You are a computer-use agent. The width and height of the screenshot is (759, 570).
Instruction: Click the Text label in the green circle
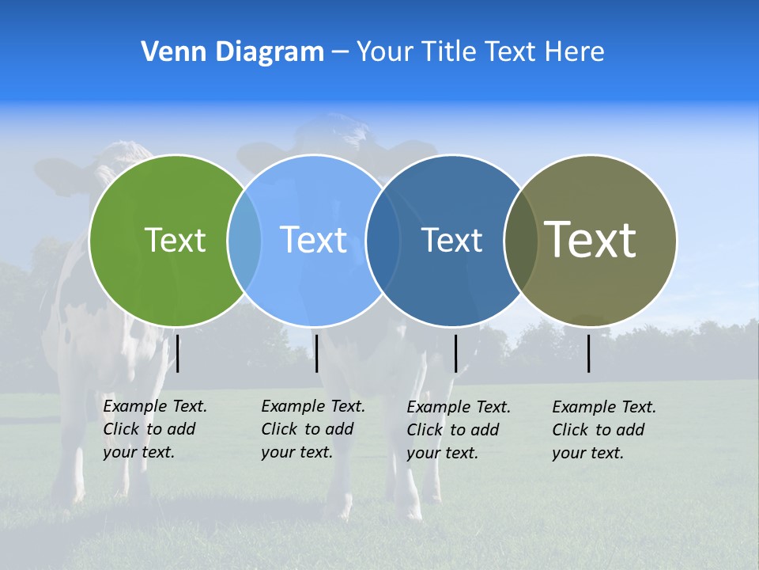pyautogui.click(x=175, y=240)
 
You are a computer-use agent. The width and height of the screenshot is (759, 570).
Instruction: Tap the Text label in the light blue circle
pyautogui.click(x=314, y=240)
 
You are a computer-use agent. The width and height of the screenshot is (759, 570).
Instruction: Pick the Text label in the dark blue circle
pyautogui.click(x=451, y=240)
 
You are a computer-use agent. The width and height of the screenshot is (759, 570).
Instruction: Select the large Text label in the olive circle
pyautogui.click(x=591, y=239)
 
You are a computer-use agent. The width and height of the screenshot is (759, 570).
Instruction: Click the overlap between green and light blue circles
pyautogui.click(x=244, y=240)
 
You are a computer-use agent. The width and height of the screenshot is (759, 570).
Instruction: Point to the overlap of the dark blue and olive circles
pyautogui.click(x=520, y=240)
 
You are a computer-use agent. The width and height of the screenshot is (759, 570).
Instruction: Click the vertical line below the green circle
pyautogui.click(x=178, y=353)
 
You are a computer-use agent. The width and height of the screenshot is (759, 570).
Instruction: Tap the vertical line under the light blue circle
pyautogui.click(x=316, y=353)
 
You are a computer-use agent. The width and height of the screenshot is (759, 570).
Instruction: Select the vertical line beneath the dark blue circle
pyautogui.click(x=455, y=353)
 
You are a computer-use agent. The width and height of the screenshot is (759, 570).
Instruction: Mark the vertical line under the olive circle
pyautogui.click(x=589, y=353)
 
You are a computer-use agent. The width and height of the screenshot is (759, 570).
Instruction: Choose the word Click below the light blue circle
pyautogui.click(x=280, y=430)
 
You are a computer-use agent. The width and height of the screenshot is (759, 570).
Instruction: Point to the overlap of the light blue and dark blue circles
pyautogui.click(x=381, y=240)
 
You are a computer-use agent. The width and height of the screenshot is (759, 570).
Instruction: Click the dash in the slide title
pyautogui.click(x=340, y=52)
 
